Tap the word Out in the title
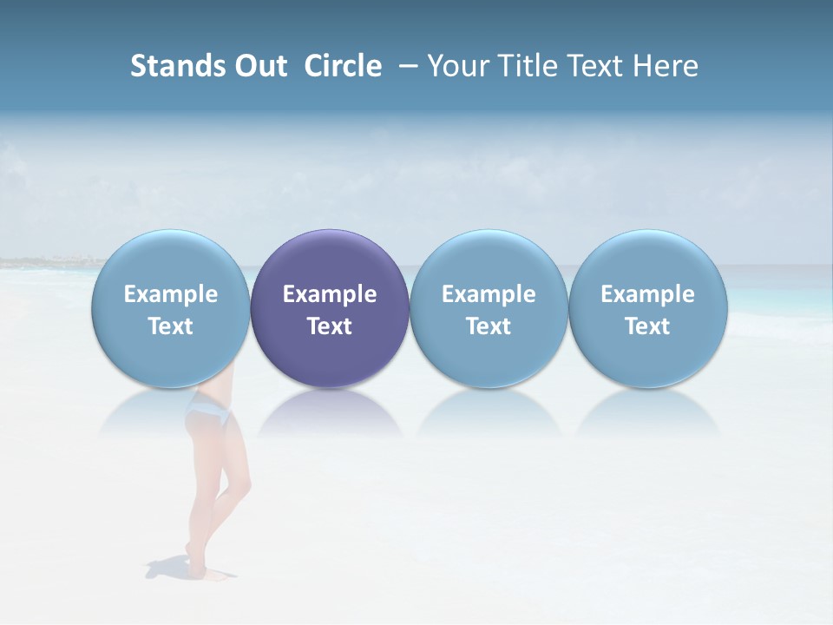coord(259,66)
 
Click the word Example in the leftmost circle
coord(171,294)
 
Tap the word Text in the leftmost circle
coord(171,326)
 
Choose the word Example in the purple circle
coord(330,294)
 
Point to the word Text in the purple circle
coord(330,326)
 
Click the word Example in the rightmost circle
coord(647,294)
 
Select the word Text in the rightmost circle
coord(647,326)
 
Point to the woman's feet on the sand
coord(206,569)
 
